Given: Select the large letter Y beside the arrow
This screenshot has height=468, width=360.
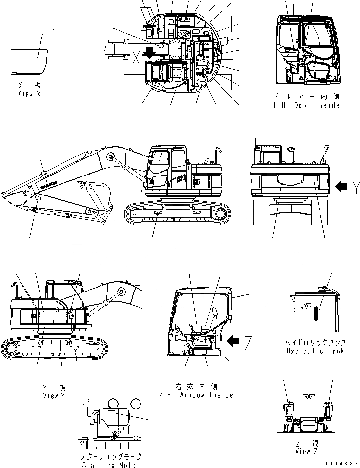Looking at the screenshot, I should (x=356, y=185).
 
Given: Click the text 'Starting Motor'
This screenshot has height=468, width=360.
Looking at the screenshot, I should (x=112, y=465).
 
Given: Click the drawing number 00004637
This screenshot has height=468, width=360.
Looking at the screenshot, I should (x=341, y=464).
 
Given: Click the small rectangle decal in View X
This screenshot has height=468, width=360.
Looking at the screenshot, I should (x=36, y=60).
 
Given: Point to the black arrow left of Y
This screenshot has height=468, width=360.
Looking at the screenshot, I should (x=343, y=185).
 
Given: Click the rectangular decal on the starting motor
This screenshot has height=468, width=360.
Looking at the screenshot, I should (x=112, y=413).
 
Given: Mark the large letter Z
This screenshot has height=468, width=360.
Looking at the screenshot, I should (x=248, y=344).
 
